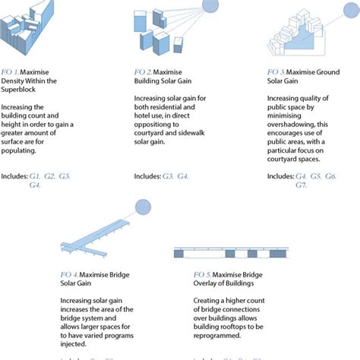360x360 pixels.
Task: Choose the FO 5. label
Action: coord(182,273)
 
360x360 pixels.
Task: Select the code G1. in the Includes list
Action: coord(36,176)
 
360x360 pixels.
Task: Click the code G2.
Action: coord(49,176)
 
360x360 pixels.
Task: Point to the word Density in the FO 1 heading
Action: coord(14,81)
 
